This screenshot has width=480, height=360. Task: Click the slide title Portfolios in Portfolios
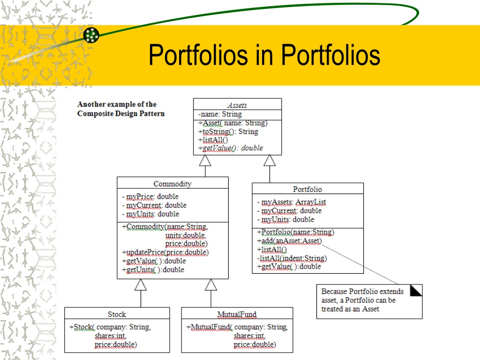[x=264, y=55]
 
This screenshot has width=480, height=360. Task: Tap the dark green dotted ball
[x=91, y=35]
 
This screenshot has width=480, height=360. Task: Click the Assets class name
[x=237, y=105]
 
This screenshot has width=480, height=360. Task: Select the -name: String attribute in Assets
[x=220, y=114]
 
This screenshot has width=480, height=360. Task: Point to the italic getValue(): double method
[x=231, y=148]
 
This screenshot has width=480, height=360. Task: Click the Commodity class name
[x=172, y=184]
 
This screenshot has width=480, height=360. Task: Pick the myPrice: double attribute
[x=150, y=196]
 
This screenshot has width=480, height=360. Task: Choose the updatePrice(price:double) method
[x=165, y=252]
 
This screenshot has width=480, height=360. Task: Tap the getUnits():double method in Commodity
[x=153, y=270]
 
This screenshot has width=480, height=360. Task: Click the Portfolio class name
[x=307, y=189]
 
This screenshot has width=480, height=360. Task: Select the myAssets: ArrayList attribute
[x=292, y=202]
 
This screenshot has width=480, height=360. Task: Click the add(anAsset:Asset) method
[x=289, y=241]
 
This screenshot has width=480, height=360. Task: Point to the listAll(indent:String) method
[x=292, y=258]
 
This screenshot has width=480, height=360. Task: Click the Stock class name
[x=117, y=314]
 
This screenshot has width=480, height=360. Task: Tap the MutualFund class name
[x=237, y=315]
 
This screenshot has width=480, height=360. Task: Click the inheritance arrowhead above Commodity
[x=205, y=160]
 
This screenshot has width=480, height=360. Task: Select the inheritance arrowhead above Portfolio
[x=270, y=160]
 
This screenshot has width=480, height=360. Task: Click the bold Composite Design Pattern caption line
[x=121, y=113]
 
